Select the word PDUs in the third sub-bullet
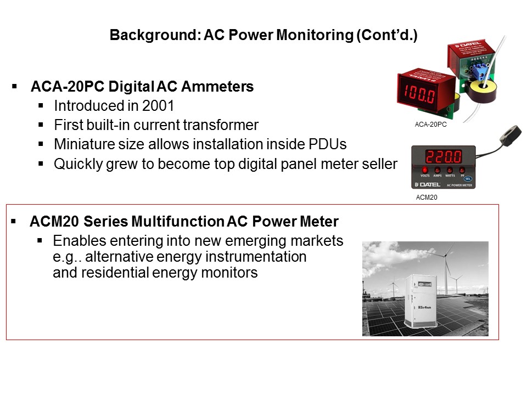[330, 145]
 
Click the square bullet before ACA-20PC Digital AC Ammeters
[14, 86]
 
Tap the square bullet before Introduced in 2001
[41, 105]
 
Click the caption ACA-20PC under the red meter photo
[431, 125]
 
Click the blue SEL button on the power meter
[467, 179]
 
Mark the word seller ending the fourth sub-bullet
[379, 165]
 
